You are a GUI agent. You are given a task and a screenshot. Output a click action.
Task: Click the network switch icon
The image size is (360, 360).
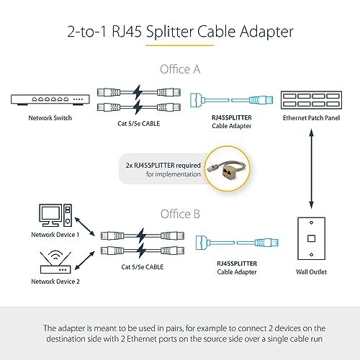pyautogui.click(x=50, y=99)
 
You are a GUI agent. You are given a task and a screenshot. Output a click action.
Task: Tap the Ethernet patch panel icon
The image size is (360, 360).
pyautogui.click(x=311, y=100)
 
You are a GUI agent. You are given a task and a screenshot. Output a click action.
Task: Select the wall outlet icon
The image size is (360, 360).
pyautogui.click(x=311, y=238)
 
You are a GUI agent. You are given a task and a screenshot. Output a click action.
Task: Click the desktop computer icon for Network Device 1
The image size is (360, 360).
pyautogui.click(x=55, y=215)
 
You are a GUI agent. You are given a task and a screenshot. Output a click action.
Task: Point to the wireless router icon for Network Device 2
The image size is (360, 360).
pyautogui.click(x=55, y=262)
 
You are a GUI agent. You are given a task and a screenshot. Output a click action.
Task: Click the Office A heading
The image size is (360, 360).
pyautogui.click(x=180, y=69)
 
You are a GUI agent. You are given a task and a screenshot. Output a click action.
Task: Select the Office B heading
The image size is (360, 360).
pyautogui.click(x=180, y=214)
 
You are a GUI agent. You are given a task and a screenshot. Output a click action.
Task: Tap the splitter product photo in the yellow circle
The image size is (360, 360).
pyautogui.click(x=228, y=168)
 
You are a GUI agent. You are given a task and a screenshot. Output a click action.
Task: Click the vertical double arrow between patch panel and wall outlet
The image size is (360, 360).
pyautogui.click(x=311, y=169)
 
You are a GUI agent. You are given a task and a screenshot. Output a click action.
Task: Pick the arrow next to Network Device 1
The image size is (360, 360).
pyautogui.click(x=85, y=227)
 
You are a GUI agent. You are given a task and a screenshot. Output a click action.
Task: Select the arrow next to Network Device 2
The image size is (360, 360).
pyautogui.click(x=85, y=261)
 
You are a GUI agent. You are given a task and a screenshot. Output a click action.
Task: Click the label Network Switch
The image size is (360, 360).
pyautogui.click(x=50, y=118)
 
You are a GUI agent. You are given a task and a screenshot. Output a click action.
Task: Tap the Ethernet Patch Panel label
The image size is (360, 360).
pyautogui.click(x=311, y=118)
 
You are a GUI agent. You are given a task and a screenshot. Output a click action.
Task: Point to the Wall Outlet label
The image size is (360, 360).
pyautogui.click(x=311, y=272)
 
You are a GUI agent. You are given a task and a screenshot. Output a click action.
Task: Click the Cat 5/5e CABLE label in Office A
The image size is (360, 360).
pyautogui.click(x=139, y=124)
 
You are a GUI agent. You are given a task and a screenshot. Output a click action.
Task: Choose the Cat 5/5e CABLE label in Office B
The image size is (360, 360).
pyautogui.click(x=143, y=267)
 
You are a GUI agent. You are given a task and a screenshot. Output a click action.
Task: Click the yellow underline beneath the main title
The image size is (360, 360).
pyautogui.click(x=180, y=45)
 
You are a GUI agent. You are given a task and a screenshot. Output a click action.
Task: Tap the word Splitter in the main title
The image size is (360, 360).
pyautogui.click(x=170, y=32)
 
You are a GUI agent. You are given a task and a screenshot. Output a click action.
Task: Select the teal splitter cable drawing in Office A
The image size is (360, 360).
pyautogui.click(x=231, y=99)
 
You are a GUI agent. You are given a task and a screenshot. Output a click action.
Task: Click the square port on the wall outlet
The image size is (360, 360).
pyautogui.click(x=311, y=238)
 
